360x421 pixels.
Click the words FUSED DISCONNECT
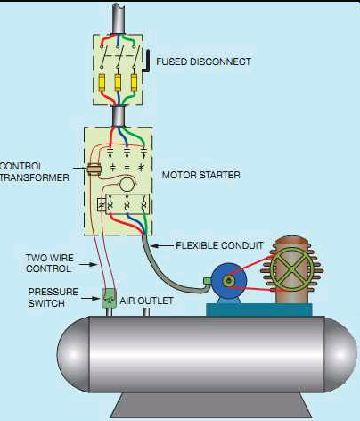tap(203, 62)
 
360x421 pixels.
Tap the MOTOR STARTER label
tap(201, 175)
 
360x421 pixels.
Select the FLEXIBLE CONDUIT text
tap(219, 245)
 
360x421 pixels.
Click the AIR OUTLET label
tap(146, 301)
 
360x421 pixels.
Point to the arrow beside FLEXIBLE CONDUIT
tap(162, 246)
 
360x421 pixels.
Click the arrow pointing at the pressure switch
tap(92, 298)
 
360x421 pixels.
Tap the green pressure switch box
tap(109, 298)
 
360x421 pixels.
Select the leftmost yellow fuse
tap(102, 82)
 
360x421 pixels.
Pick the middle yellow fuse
tap(119, 82)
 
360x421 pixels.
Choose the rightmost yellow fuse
tap(135, 82)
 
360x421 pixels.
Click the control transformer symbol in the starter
tap(94, 169)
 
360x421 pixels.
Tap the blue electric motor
tap(229, 282)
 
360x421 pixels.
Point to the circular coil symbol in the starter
tap(127, 185)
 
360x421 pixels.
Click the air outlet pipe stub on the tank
tap(146, 312)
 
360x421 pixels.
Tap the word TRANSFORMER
tap(35, 177)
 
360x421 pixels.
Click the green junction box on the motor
tap(207, 281)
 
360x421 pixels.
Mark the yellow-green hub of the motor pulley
tap(229, 281)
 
